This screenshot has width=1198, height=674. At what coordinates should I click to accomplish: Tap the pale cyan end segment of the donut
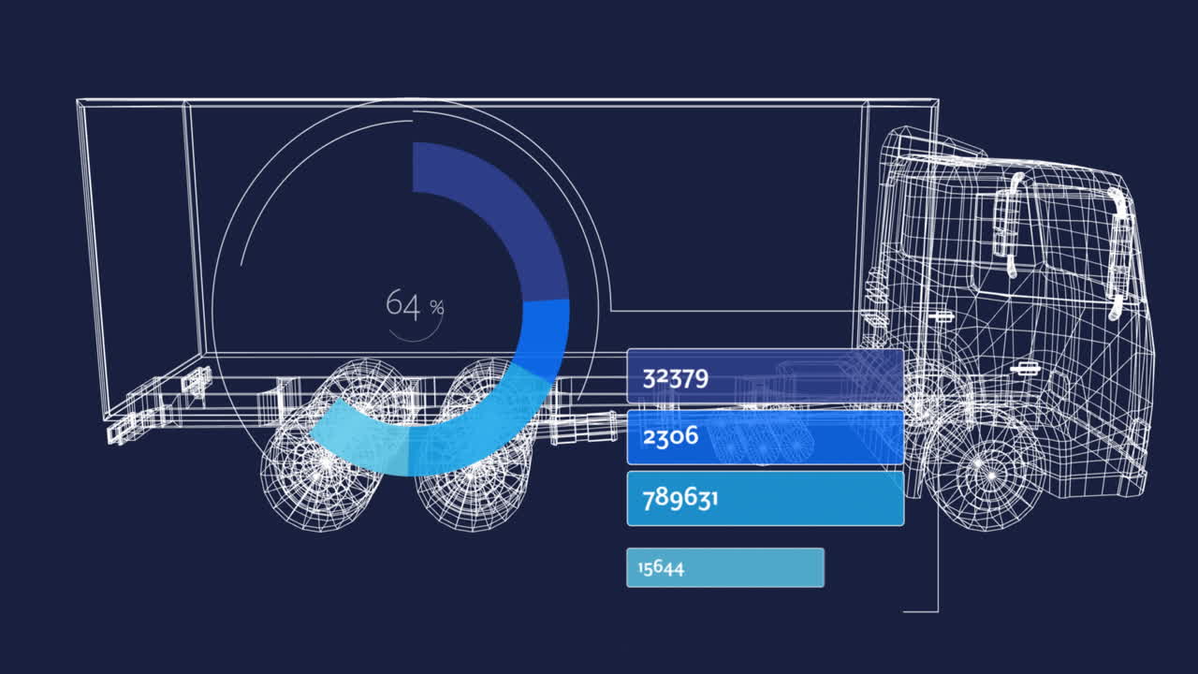point(358,439)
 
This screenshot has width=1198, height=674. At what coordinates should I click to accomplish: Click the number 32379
point(676,378)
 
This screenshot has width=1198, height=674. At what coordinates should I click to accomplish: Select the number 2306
point(670,436)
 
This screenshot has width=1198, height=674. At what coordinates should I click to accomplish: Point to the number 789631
point(679,499)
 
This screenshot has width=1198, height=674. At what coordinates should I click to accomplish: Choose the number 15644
point(661,567)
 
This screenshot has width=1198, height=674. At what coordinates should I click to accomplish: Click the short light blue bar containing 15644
point(725,567)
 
